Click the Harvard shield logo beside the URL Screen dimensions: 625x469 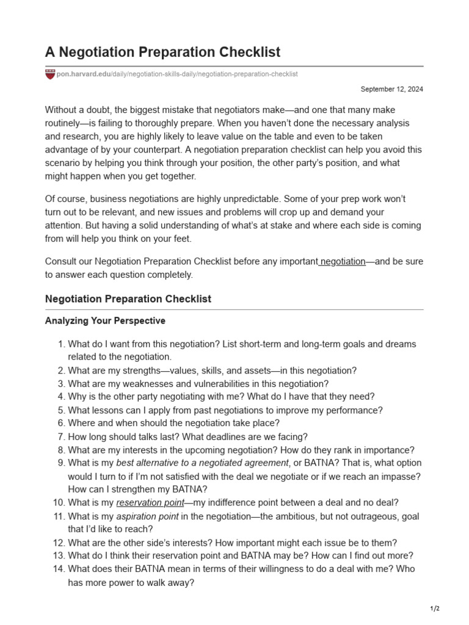coord(49,74)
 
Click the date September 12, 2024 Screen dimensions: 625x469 coord(391,89)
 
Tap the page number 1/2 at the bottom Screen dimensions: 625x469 coord(435,609)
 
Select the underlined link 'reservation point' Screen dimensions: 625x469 coord(150,503)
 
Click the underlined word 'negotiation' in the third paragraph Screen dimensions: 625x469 coord(343,262)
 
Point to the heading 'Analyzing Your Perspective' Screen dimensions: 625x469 coord(105,320)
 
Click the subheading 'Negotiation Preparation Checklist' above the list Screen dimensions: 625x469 coord(128,299)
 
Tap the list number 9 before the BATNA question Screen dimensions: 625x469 coord(60,463)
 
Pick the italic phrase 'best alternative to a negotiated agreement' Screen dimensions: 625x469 coord(202,463)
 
